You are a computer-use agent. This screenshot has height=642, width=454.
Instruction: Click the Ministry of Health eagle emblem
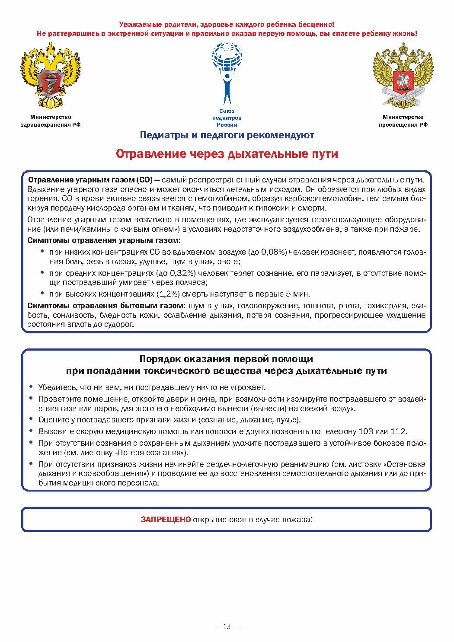(x=51, y=76)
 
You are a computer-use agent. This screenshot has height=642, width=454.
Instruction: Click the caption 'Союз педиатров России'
(x=227, y=118)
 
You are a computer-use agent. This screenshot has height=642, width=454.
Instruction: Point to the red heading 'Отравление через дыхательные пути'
(x=227, y=154)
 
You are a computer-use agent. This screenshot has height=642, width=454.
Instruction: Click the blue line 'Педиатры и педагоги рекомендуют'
(x=227, y=135)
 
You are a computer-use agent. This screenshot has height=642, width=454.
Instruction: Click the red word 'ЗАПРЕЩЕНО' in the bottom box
(x=165, y=519)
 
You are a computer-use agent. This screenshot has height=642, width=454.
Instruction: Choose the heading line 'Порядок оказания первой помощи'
(x=226, y=359)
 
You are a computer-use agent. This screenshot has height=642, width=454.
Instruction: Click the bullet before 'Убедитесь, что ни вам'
(x=31, y=386)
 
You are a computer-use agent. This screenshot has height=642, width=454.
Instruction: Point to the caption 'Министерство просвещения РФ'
(x=403, y=121)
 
